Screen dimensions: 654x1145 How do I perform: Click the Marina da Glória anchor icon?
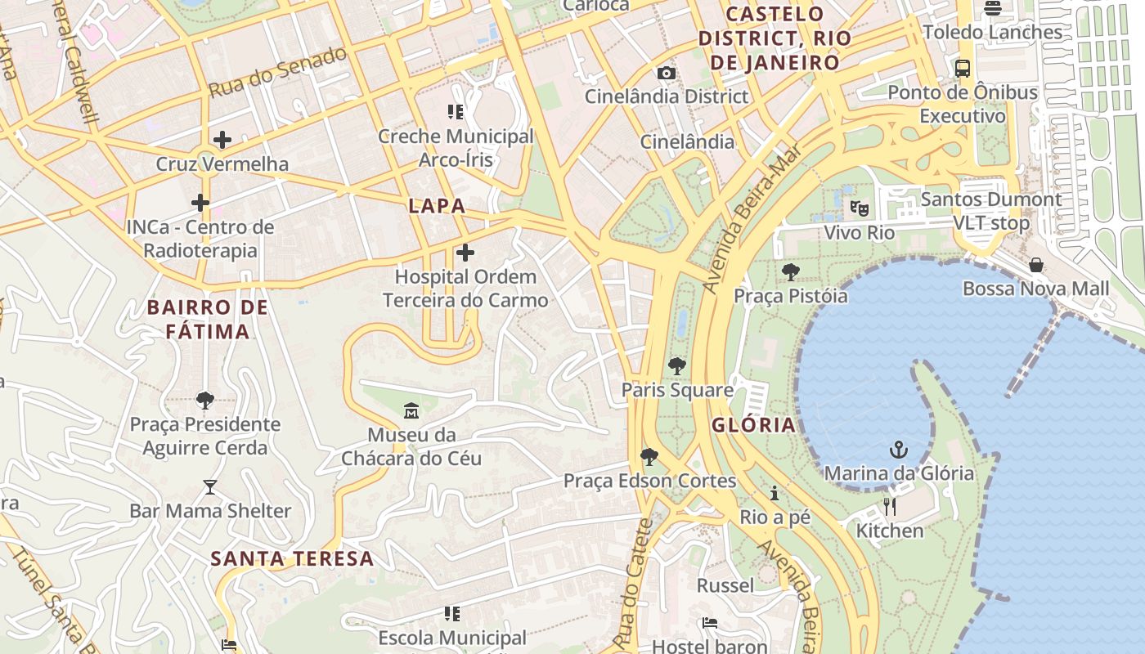coord(898,450)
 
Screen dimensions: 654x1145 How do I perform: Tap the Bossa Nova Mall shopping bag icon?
coord(1036,265)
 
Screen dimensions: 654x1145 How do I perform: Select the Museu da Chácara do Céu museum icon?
coord(411,410)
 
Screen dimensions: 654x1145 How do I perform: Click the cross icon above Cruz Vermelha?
coord(222,140)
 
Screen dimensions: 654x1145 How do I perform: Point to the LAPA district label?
coord(437,206)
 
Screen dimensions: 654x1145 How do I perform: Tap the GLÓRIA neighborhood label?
coord(753,425)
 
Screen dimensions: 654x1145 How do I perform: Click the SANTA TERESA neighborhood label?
coord(292,559)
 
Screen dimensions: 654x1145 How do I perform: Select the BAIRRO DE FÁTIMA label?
coord(208,320)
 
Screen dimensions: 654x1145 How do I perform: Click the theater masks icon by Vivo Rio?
coord(859,208)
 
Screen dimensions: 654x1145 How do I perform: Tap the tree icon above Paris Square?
coord(676,365)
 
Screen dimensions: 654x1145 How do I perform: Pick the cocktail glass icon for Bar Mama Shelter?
coord(210,487)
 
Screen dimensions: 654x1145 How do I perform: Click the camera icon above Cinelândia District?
coord(667,73)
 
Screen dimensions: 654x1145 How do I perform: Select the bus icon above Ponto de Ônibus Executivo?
coord(963,69)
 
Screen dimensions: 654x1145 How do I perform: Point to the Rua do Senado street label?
coord(278,73)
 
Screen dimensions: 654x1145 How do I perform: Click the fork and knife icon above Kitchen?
coord(889,507)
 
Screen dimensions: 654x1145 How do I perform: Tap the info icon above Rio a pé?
coord(774,493)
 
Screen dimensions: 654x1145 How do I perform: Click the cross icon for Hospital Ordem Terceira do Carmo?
coord(465,253)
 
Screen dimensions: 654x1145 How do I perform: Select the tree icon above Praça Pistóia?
coord(790,271)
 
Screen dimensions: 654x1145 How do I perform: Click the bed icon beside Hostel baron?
coord(710,623)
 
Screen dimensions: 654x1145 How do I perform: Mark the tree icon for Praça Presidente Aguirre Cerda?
coord(205,400)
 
